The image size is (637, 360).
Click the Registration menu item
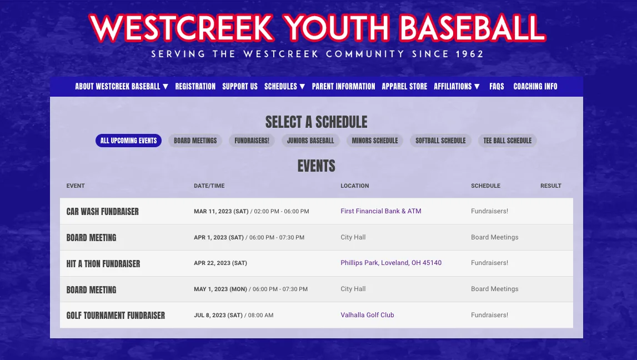[195, 86]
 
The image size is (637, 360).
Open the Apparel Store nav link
[404, 86]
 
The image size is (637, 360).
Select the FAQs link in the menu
[496, 86]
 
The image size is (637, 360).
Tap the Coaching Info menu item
[535, 86]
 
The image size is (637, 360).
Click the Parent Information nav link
[343, 86]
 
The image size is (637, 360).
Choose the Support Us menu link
[240, 86]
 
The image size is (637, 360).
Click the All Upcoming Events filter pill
[128, 141]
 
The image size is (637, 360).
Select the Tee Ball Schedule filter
[507, 141]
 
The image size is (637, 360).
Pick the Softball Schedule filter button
[440, 141]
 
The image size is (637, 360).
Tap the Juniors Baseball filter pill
[310, 141]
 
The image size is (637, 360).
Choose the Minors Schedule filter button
[375, 141]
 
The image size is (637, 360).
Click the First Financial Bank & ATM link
[381, 211]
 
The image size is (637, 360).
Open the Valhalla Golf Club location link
[367, 315]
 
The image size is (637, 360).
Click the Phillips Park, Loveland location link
[391, 263]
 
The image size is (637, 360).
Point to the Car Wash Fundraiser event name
[102, 212]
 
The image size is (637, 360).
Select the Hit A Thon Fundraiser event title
[103, 263]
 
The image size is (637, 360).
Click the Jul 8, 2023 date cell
[218, 315]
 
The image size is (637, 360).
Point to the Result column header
[550, 186]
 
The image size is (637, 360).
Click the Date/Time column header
[209, 186]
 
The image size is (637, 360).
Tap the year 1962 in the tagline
[469, 54]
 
